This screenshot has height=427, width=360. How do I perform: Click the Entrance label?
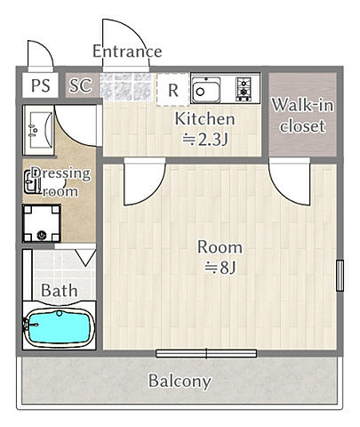point(127,51)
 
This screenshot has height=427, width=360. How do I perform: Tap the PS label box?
point(41,85)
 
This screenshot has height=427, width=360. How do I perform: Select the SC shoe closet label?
point(81,85)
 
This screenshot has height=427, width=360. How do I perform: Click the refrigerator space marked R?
point(173,90)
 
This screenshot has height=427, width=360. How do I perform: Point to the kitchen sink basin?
point(206,90)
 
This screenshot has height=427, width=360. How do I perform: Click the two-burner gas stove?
point(244,89)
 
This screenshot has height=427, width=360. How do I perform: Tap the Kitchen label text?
point(204,119)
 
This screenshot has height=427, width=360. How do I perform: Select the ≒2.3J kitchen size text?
point(204,140)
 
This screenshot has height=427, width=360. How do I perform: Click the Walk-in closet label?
point(302,116)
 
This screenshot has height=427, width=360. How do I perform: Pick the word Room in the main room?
point(220,247)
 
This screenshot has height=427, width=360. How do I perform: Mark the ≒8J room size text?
point(220,268)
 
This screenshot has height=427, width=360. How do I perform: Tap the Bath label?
point(60,290)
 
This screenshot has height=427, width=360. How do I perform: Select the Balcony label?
point(180,381)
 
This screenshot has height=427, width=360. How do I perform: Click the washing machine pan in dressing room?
point(42,223)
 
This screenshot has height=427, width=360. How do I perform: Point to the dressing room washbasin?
point(39,130)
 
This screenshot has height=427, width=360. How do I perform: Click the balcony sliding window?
point(206,353)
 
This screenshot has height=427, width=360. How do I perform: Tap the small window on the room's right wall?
point(340,275)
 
